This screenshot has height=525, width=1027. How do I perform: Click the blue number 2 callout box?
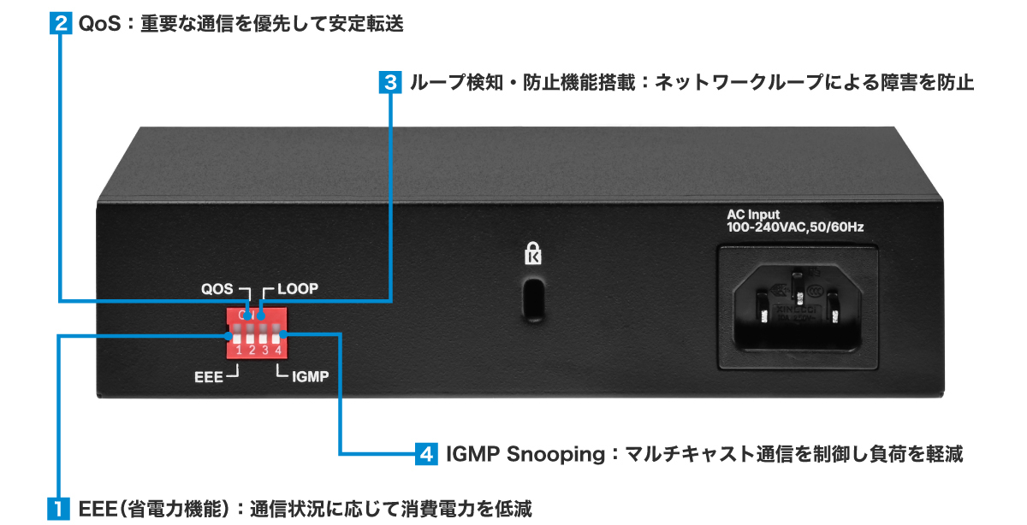coord(61,23)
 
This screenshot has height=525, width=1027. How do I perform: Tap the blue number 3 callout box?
coord(390,82)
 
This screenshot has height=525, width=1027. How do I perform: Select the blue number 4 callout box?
coord(426,454)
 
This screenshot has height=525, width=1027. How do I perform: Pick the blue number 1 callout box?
coord(59,509)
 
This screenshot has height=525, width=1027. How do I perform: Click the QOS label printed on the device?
coord(217,289)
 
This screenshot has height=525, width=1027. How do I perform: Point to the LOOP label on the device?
coord(298,289)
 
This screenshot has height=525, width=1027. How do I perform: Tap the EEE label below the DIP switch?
coord(209,377)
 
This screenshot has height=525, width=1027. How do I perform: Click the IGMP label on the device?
coord(311,376)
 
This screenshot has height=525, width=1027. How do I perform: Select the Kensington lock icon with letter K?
coord(532,253)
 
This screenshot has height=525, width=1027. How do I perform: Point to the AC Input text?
coord(753,215)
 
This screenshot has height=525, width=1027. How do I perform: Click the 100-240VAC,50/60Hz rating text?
coord(795,227)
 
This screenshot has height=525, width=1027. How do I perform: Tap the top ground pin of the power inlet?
coord(798,286)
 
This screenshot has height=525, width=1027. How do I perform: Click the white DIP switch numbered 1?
coord(237,334)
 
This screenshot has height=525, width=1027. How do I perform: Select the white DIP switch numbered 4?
coord(276,334)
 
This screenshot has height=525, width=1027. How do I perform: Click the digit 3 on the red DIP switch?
coord(265,351)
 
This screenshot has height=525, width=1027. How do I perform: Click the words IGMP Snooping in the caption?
coord(525,454)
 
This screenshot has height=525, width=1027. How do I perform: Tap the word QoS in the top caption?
coord(99,23)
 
